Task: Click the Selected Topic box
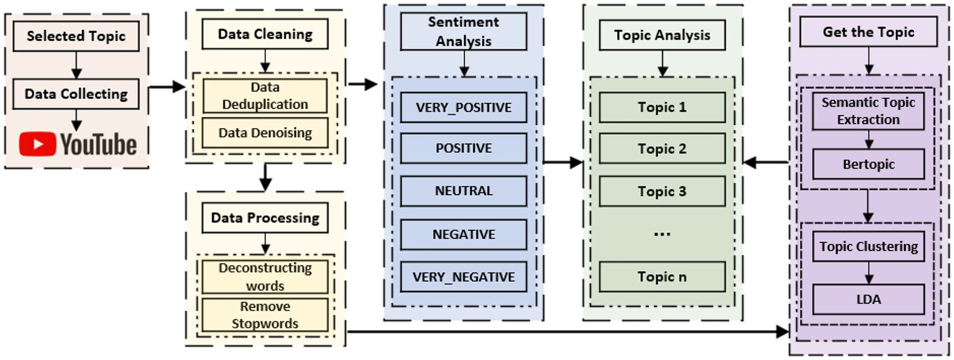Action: pyautogui.click(x=76, y=36)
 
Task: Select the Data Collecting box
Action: pyautogui.click(x=76, y=94)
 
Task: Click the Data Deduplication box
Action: pyautogui.click(x=265, y=96)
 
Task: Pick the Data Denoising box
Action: pyautogui.click(x=265, y=132)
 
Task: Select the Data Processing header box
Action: pyautogui.click(x=265, y=218)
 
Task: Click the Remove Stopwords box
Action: pyautogui.click(x=265, y=315)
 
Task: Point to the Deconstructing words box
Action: pyautogui.click(x=265, y=277)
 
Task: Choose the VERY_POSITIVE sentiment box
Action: pyautogui.click(x=464, y=108)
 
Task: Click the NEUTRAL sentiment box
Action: pyautogui.click(x=464, y=191)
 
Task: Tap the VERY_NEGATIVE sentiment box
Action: pyautogui.click(x=464, y=277)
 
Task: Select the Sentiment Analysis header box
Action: pyautogui.click(x=464, y=31)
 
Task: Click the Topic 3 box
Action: pyautogui.click(x=662, y=192)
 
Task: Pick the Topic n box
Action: pyautogui.click(x=662, y=277)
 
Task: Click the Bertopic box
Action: pyautogui.click(x=868, y=165)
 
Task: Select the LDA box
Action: pyautogui.click(x=868, y=299)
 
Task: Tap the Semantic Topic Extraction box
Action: pyautogui.click(x=868, y=111)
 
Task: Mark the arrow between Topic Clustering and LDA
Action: pyautogui.click(x=868, y=272)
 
